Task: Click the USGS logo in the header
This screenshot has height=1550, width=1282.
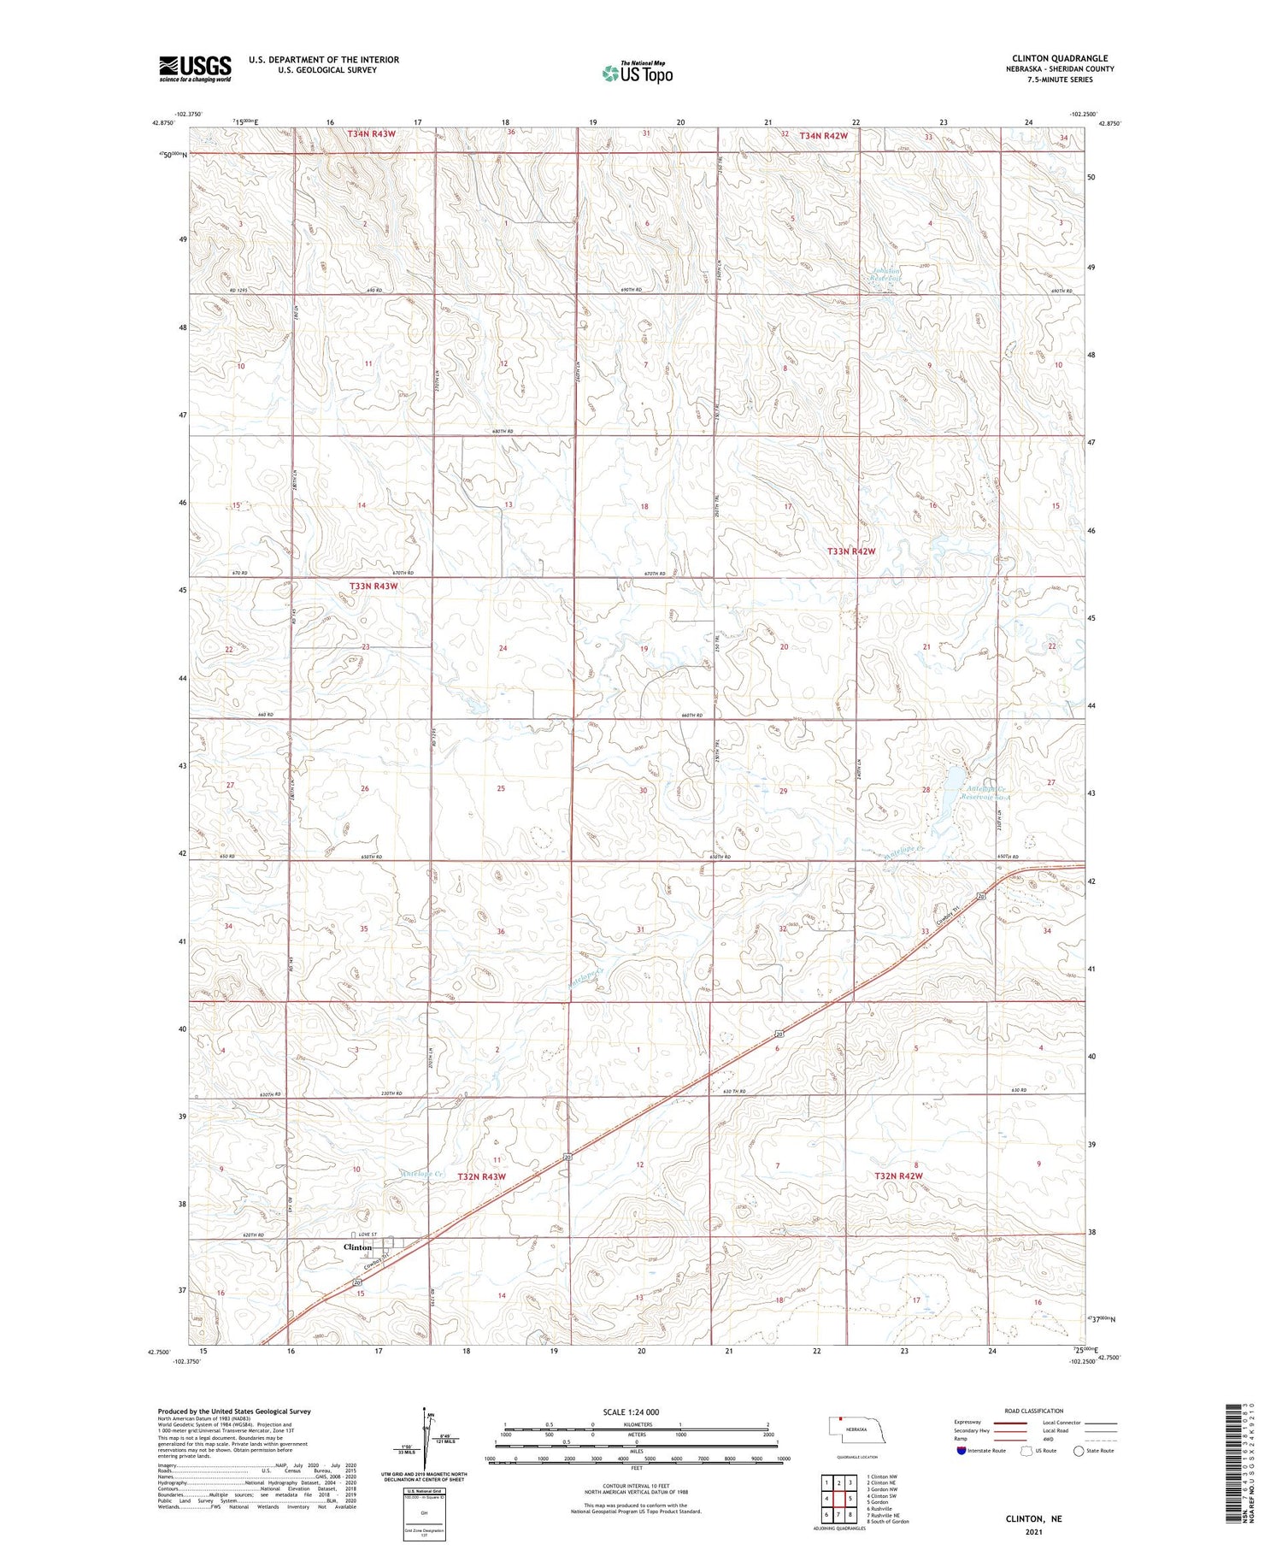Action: pyautogui.click(x=195, y=68)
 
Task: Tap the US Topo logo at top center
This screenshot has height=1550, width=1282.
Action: pyautogui.click(x=637, y=73)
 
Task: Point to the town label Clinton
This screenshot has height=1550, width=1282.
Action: pyautogui.click(x=357, y=1247)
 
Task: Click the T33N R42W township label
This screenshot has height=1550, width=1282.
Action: pyautogui.click(x=851, y=551)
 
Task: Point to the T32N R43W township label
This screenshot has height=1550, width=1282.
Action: pyautogui.click(x=481, y=1176)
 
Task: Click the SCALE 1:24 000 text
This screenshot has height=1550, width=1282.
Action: pyautogui.click(x=631, y=1412)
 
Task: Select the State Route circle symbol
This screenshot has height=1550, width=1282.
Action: pyautogui.click(x=1079, y=1451)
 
